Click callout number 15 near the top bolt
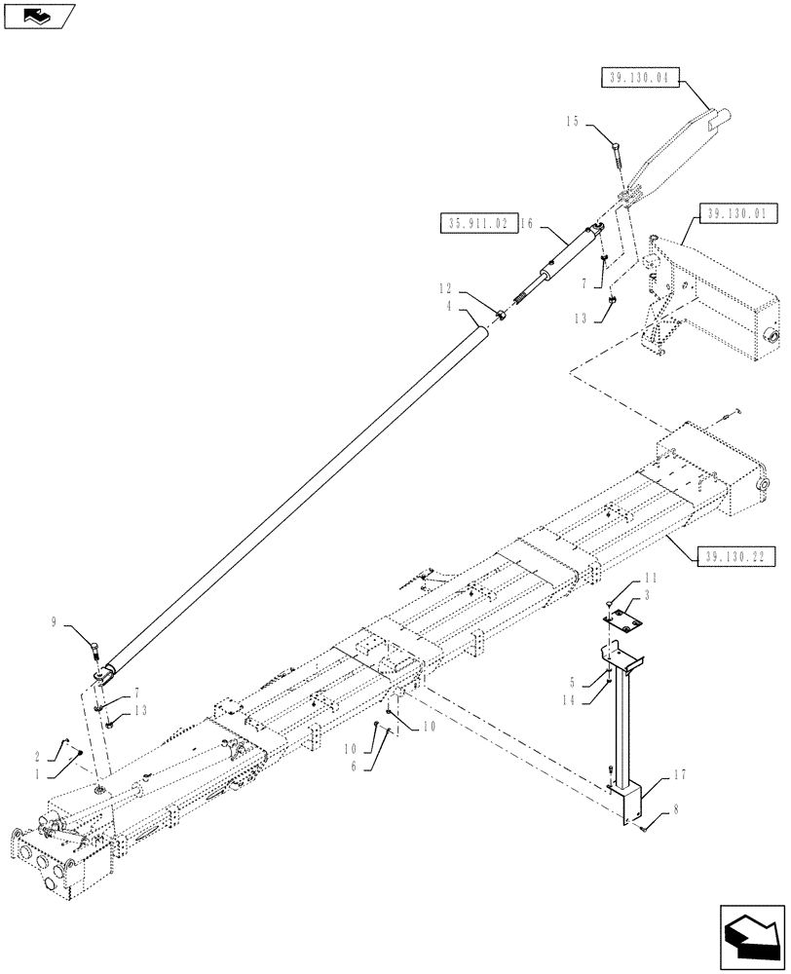point(572,122)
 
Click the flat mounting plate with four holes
point(621,618)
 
